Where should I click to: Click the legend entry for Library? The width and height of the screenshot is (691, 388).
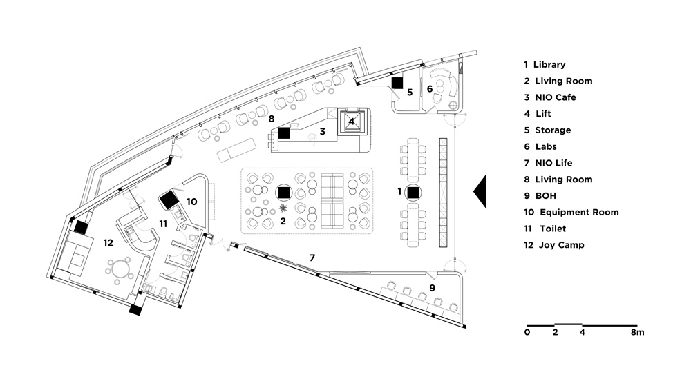click(x=544, y=64)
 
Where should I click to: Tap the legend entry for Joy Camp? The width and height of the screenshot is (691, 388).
click(x=553, y=245)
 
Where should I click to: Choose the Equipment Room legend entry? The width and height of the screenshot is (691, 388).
click(x=571, y=212)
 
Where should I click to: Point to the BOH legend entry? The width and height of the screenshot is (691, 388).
click(x=545, y=195)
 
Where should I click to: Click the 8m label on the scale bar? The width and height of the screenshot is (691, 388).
click(x=637, y=333)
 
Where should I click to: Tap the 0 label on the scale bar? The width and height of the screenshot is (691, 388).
click(x=527, y=333)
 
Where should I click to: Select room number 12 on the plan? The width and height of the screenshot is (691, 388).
click(x=107, y=242)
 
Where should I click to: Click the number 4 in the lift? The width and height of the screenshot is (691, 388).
click(x=352, y=122)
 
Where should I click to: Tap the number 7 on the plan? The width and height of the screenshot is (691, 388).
click(x=312, y=258)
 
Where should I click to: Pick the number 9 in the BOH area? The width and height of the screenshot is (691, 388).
click(x=431, y=287)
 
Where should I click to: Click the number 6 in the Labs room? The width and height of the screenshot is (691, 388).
click(x=429, y=88)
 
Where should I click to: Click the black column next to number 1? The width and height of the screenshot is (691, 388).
click(x=413, y=193)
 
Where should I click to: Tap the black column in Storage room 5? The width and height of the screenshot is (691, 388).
click(x=397, y=83)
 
